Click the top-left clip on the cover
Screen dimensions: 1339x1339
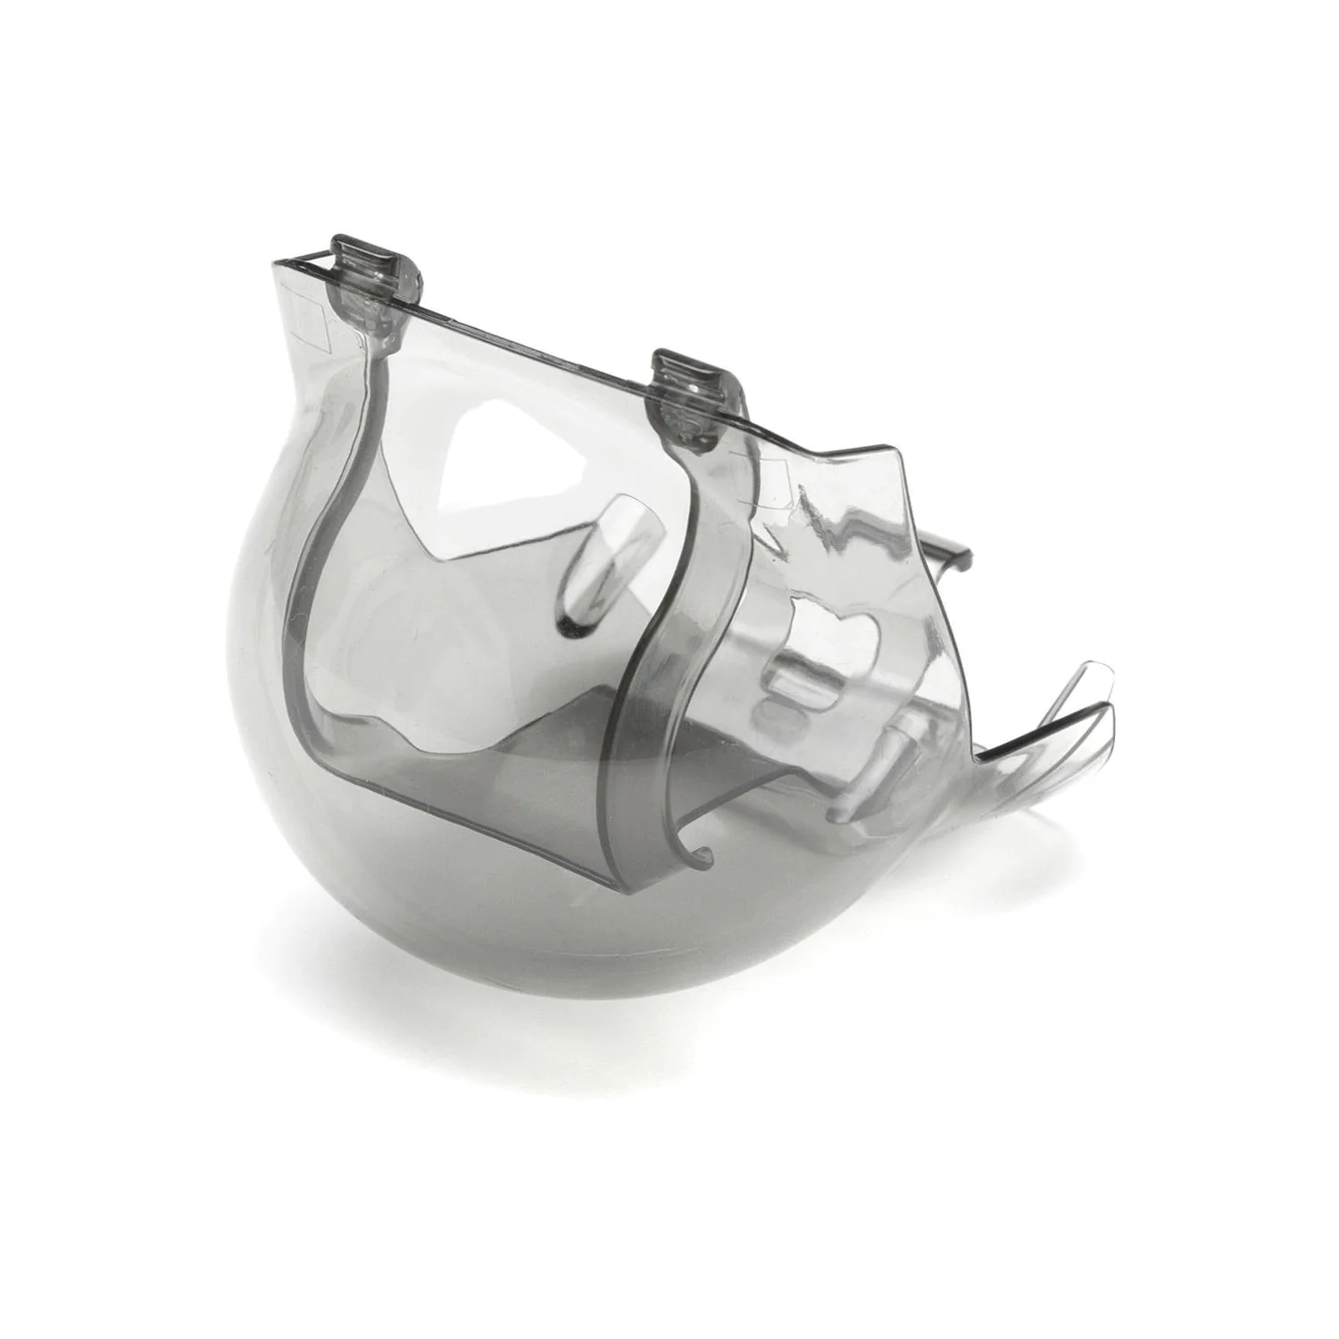click(369, 267)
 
